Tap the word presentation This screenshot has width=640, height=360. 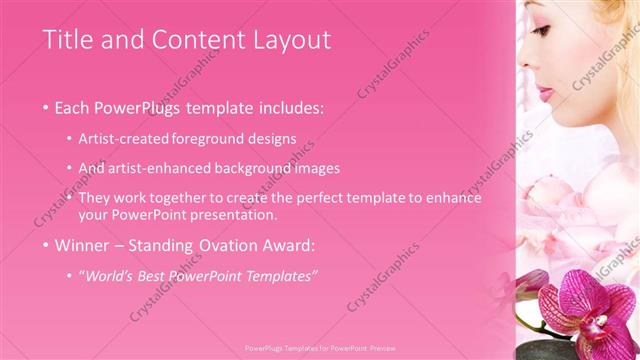[231, 214]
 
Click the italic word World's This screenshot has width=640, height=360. [111, 275]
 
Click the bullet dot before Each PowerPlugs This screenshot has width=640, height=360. [46, 107]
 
